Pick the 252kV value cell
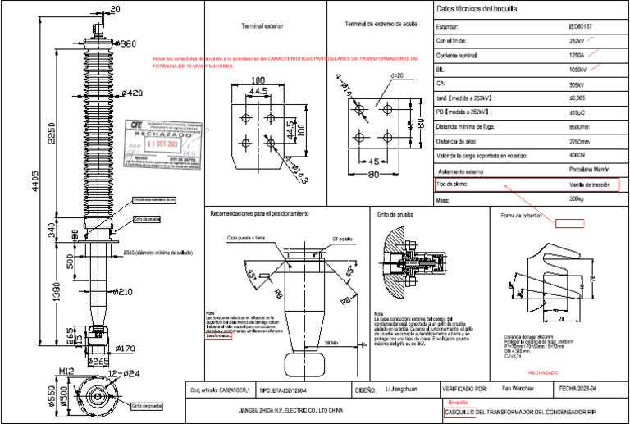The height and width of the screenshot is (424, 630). point(577,40)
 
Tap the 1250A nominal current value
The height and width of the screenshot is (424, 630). point(577,55)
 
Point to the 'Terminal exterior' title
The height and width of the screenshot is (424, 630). point(262,26)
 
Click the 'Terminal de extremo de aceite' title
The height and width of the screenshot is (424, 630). point(380,25)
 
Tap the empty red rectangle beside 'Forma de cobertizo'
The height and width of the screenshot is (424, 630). point(568,222)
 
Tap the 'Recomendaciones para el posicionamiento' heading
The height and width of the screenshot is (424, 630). point(259,215)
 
